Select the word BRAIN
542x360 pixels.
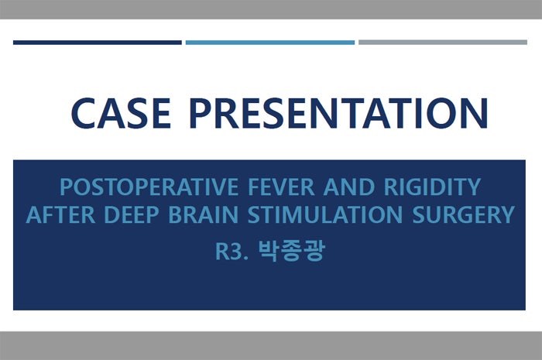200,214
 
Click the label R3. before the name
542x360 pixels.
231,252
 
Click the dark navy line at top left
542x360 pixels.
98,42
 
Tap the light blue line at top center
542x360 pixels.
270,42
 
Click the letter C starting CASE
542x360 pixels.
83,112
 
